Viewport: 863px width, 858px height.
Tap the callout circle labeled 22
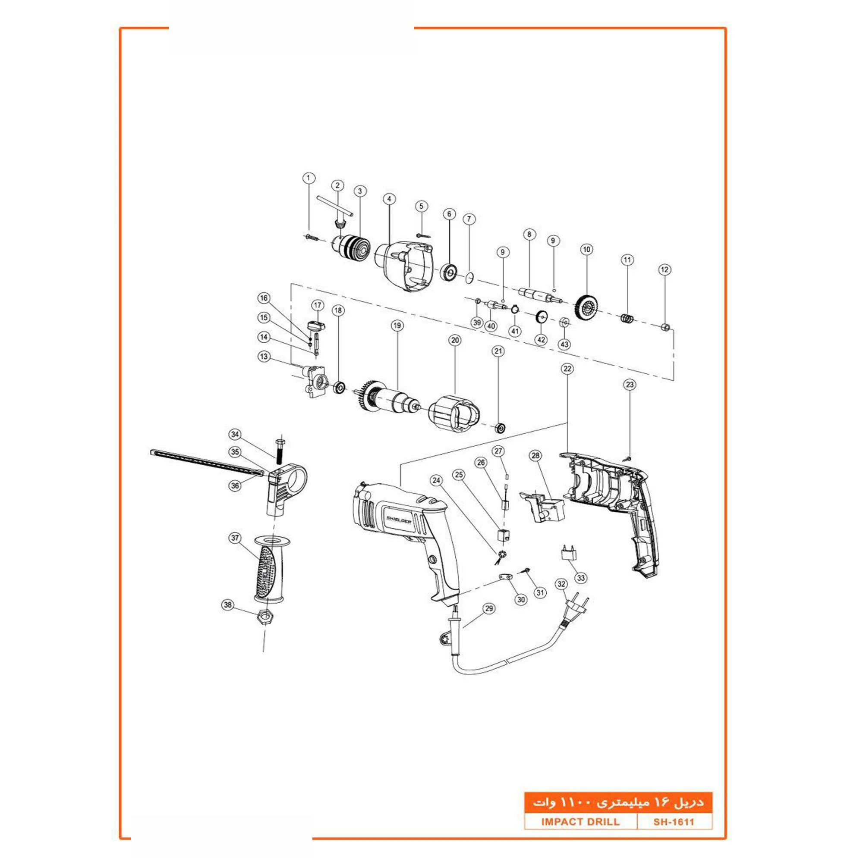(567, 369)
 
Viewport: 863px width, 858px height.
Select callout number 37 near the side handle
(236, 538)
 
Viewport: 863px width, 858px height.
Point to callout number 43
(564, 344)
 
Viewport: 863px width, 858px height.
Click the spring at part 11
(627, 319)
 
